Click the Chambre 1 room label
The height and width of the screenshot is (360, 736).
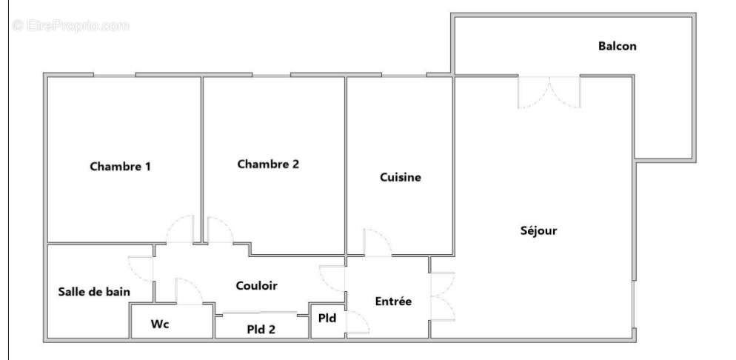(x=120, y=167)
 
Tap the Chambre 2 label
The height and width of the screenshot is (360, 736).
(x=267, y=164)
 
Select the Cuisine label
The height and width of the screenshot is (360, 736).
(x=401, y=178)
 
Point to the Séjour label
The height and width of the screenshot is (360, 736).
(x=538, y=230)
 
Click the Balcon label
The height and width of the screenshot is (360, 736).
(x=617, y=46)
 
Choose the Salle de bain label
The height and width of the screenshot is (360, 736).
(x=94, y=292)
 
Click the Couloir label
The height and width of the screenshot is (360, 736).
(x=256, y=285)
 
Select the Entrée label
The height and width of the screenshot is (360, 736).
(x=392, y=301)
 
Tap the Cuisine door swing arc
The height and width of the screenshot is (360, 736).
(x=377, y=242)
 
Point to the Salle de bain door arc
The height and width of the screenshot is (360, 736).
(x=141, y=269)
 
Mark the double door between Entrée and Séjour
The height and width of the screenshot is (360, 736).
(x=441, y=295)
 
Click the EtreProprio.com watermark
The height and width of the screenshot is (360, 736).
(x=71, y=25)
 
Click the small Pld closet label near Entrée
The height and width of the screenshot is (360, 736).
(x=327, y=319)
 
